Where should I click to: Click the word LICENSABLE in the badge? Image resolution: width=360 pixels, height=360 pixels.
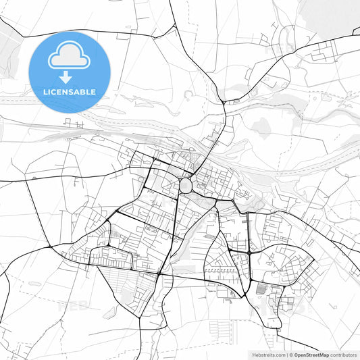point(69,92)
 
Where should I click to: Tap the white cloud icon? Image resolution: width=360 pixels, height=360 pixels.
point(69,57)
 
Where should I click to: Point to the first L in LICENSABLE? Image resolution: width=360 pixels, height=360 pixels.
point(46,92)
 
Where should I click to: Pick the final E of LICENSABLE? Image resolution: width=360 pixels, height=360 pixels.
point(93,92)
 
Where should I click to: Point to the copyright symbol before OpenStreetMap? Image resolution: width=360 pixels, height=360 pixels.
point(292,355)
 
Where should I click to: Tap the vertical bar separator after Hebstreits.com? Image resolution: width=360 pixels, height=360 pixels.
point(286,355)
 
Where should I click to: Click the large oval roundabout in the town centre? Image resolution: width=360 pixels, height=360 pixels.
point(186,186)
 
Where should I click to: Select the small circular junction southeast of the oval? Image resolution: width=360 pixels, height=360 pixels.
point(215,203)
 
